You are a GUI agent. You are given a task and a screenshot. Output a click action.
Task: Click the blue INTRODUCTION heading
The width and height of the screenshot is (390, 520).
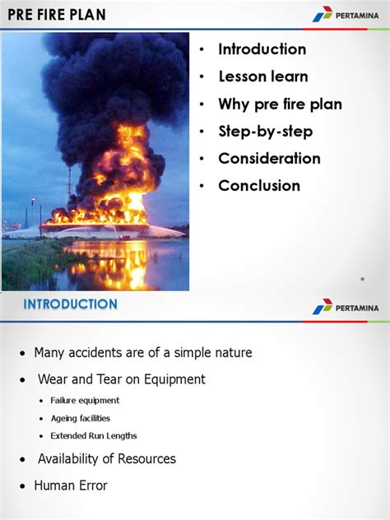click(x=70, y=304)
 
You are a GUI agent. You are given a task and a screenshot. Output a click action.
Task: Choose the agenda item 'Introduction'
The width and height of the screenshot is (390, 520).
click(x=262, y=49)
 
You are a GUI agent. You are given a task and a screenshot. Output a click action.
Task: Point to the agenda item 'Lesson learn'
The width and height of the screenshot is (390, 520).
click(x=262, y=77)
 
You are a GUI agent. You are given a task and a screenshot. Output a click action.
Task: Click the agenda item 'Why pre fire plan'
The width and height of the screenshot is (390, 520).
click(x=280, y=104)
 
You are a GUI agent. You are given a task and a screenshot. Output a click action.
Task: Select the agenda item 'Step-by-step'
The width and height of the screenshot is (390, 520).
click(x=265, y=132)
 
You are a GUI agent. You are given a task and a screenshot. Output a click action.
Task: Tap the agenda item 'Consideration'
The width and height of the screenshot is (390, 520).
click(x=269, y=159)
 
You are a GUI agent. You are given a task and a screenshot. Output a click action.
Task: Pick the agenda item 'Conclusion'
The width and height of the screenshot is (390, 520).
click(x=259, y=186)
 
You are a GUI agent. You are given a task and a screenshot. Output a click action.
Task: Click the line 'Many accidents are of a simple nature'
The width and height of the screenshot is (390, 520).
click(x=142, y=353)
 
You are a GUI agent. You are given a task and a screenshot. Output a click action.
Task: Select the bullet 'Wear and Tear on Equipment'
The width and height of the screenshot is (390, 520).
click(x=121, y=379)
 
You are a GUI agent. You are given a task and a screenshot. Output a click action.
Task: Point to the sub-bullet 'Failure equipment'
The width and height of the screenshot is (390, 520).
click(x=85, y=401)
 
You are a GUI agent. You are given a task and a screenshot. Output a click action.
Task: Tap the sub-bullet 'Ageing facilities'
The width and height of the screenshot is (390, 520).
click(x=80, y=418)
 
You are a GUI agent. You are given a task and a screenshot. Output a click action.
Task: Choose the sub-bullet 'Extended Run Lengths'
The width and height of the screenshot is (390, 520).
click(x=94, y=436)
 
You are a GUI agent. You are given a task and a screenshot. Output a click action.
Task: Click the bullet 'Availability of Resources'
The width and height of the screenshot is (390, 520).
click(x=106, y=459)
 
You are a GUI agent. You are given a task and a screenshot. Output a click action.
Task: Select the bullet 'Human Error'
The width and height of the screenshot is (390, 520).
click(x=70, y=485)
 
